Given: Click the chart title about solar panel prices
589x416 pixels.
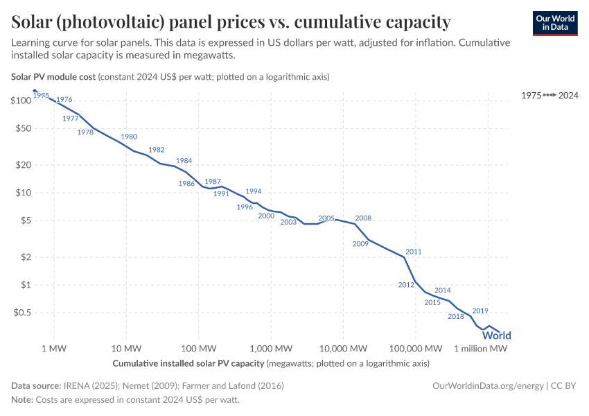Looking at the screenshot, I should (x=231, y=22).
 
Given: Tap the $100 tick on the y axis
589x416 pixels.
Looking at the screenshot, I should (x=21, y=101).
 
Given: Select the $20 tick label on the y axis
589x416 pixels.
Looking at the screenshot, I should (x=23, y=164).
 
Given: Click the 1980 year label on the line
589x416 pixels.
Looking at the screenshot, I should (x=129, y=137).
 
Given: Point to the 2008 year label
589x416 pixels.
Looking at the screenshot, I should (x=363, y=218).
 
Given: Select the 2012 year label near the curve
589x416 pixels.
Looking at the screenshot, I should (x=406, y=285).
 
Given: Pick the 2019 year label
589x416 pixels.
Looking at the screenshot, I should (x=480, y=311).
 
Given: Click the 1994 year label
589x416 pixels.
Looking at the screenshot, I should (x=254, y=191).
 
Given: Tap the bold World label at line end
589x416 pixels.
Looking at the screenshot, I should (x=496, y=336).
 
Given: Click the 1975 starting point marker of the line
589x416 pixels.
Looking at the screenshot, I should (x=35, y=91).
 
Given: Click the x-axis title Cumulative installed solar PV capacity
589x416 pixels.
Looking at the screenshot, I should (x=188, y=363).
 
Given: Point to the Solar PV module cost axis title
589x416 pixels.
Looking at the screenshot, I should (x=54, y=76).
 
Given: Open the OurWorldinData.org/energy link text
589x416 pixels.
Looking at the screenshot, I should (x=488, y=385).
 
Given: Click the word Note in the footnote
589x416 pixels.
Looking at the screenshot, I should (x=21, y=400).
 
